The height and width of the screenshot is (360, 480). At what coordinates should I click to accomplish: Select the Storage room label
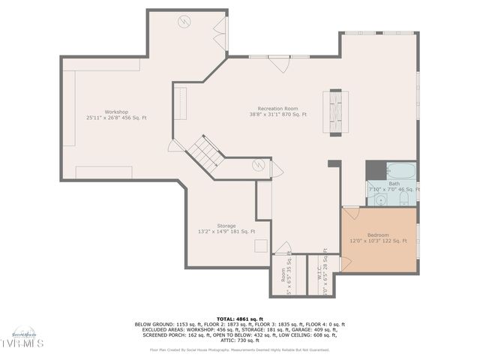(226, 226)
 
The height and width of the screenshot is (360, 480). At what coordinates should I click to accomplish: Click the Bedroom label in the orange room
(378, 235)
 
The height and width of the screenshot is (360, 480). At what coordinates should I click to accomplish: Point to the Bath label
(394, 184)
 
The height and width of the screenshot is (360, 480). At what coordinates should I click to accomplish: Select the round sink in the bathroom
(381, 199)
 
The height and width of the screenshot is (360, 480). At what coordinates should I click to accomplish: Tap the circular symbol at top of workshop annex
(184, 22)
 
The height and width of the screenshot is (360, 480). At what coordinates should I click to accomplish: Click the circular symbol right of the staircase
(259, 166)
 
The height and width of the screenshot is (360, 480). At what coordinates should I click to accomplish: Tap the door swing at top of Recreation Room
(280, 64)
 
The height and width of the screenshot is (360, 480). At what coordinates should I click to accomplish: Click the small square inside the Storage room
(261, 245)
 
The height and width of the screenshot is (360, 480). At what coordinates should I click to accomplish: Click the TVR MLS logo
(22, 341)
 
